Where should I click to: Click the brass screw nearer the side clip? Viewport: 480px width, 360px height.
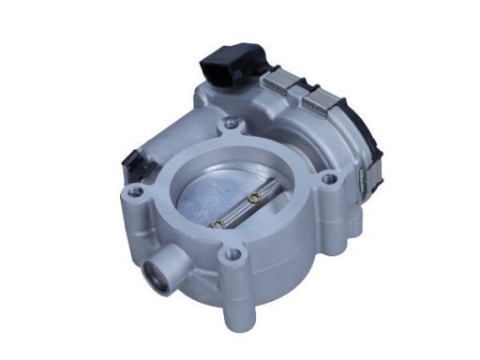pos(254,198)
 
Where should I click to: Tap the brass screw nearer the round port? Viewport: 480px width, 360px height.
pos(217,223)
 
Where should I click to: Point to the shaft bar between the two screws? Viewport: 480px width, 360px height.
pos(236,211)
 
